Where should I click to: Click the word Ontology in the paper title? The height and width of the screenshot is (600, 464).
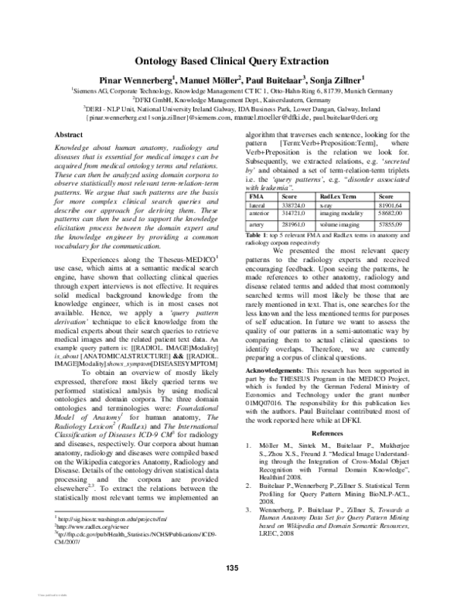click(162, 59)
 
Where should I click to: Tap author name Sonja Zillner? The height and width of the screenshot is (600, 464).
click(346, 78)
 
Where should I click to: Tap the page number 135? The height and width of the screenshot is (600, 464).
click(231, 569)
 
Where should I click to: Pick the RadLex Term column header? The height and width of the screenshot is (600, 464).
click(337, 196)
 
